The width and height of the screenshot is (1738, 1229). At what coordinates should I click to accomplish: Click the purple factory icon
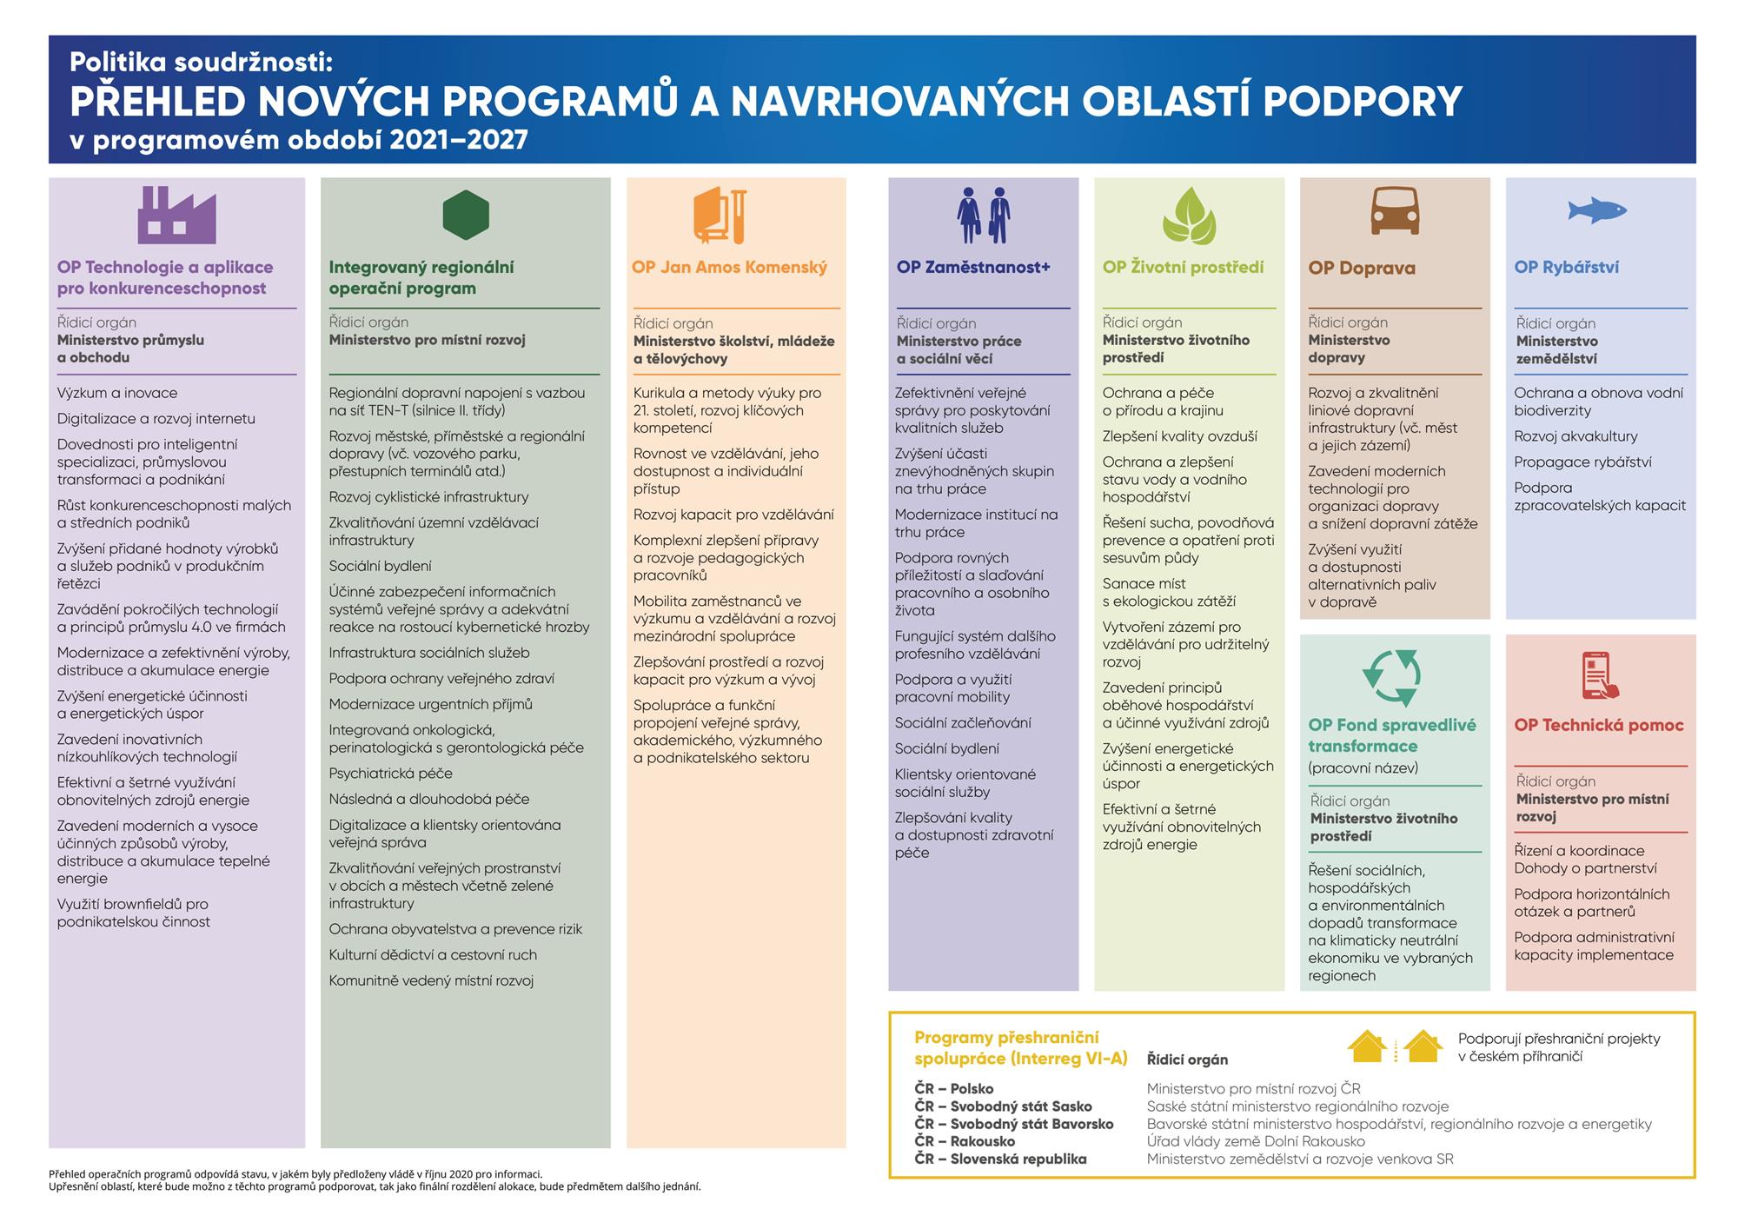click(x=176, y=216)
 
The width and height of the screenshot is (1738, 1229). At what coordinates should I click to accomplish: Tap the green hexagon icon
click(x=466, y=215)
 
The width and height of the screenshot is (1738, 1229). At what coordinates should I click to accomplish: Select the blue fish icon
click(x=1596, y=210)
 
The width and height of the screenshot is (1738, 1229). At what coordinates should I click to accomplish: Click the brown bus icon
click(x=1395, y=210)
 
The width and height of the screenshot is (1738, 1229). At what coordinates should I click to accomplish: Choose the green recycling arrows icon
click(x=1391, y=677)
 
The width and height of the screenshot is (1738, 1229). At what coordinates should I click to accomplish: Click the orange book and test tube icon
click(x=720, y=216)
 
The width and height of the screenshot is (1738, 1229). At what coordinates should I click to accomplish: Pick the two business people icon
click(x=984, y=216)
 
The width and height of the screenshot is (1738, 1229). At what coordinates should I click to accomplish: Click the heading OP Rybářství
click(x=1566, y=268)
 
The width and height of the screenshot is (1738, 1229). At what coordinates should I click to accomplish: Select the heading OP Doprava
click(x=1361, y=269)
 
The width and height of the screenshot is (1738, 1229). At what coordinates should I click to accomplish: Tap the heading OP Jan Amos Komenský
click(x=729, y=268)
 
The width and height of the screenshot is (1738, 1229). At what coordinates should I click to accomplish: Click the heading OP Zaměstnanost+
click(x=973, y=268)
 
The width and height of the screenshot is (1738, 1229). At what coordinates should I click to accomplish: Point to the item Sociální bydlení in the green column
click(x=380, y=566)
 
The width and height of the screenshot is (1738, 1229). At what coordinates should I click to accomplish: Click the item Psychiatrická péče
click(x=390, y=774)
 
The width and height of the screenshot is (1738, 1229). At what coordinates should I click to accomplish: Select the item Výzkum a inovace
click(x=117, y=393)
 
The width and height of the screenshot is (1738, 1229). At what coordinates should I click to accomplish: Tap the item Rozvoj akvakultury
click(x=1575, y=436)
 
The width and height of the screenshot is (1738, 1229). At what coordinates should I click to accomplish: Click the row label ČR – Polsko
click(x=953, y=1089)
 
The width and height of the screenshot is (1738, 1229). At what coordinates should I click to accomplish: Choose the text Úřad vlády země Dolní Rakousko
click(x=1256, y=1141)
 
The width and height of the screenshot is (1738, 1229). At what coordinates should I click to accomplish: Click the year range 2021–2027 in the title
click(x=458, y=141)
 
